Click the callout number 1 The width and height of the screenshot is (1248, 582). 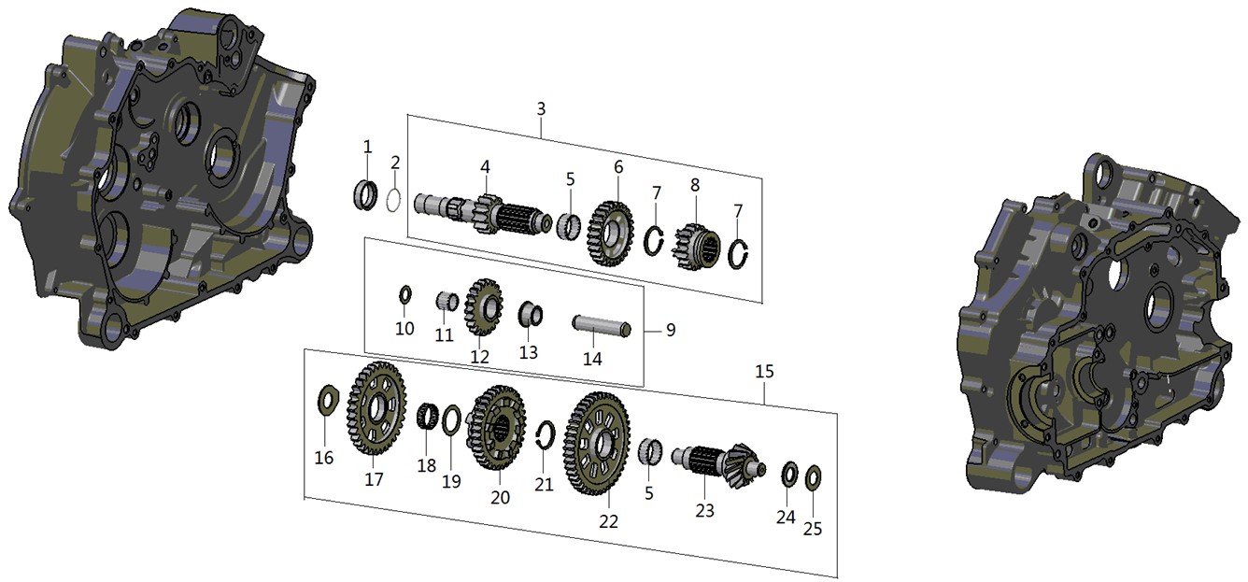pos(367,147)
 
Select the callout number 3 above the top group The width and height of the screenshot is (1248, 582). pos(541,109)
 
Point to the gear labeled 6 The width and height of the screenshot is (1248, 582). pos(611,234)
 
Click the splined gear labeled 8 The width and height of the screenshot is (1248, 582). pos(697,246)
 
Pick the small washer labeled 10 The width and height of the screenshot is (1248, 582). pos(405,295)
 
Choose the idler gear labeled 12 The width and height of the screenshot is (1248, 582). pos(483,306)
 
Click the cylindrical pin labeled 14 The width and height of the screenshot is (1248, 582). pos(603,325)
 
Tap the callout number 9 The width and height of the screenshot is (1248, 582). pos(671,330)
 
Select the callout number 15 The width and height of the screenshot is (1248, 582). pos(764,372)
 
